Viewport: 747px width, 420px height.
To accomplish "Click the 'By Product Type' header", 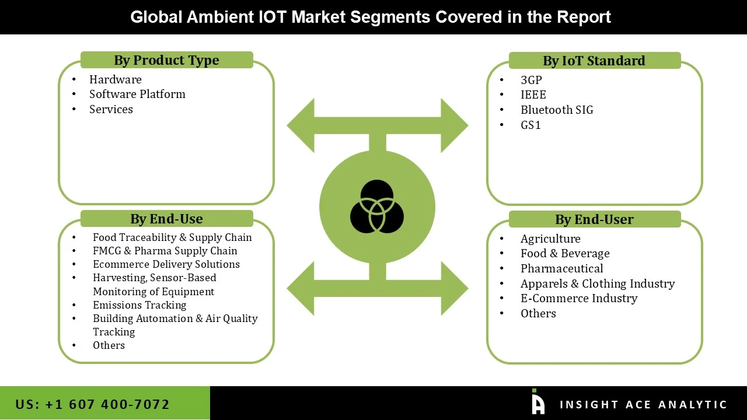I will [166, 60].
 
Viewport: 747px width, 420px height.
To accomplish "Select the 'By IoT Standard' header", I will [594, 61].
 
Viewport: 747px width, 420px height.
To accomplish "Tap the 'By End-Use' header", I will [166, 219].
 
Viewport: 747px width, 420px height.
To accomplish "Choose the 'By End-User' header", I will [594, 219].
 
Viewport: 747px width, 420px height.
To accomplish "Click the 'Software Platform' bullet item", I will [137, 94].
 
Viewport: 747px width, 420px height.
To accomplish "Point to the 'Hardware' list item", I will [115, 79].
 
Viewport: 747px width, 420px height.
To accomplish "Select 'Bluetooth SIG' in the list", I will [557, 110].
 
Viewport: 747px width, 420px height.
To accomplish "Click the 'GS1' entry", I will [530, 125].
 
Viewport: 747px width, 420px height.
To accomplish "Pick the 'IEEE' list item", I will [533, 94].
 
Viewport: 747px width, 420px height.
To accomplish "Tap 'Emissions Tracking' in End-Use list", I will [139, 305].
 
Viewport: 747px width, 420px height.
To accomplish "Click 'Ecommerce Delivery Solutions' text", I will [166, 264].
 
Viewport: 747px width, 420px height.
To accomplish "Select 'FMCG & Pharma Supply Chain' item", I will [165, 251].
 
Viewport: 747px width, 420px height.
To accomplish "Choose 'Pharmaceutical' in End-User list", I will [561, 268].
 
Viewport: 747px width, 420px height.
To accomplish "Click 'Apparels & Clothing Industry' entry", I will [598, 283].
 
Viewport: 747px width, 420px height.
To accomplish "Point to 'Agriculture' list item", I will [550, 239].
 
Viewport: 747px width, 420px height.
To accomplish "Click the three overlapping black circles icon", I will [377, 206].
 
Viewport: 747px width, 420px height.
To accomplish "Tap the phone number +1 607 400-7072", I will [93, 404].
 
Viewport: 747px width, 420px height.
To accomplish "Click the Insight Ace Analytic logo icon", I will [537, 402].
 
